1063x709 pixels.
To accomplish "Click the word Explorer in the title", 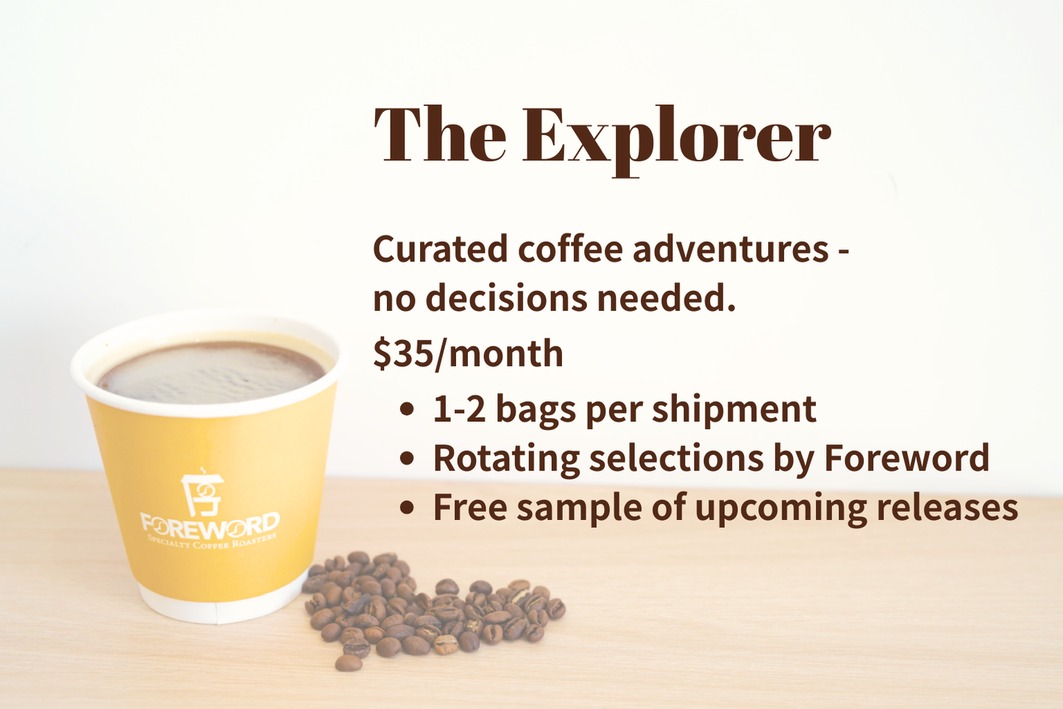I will (x=676, y=136).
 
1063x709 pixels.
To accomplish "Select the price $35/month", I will (x=468, y=353).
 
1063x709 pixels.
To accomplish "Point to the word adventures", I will (x=730, y=249).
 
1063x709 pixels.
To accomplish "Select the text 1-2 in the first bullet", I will (x=459, y=409).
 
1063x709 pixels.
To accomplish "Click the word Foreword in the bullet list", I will (x=906, y=458).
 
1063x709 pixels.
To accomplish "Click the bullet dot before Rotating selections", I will (x=407, y=459).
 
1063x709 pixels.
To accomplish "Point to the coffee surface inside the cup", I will (x=212, y=372).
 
